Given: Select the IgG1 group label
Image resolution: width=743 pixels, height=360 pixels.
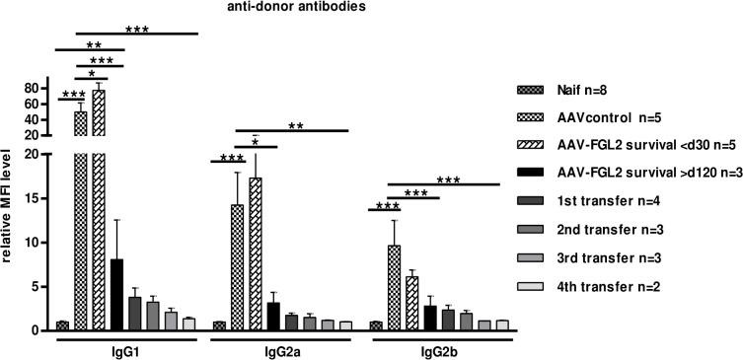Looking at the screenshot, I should (124, 351).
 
